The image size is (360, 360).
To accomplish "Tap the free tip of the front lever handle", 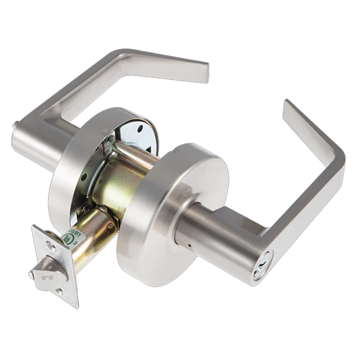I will click(288, 107).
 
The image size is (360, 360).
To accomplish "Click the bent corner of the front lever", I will click(335, 155).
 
